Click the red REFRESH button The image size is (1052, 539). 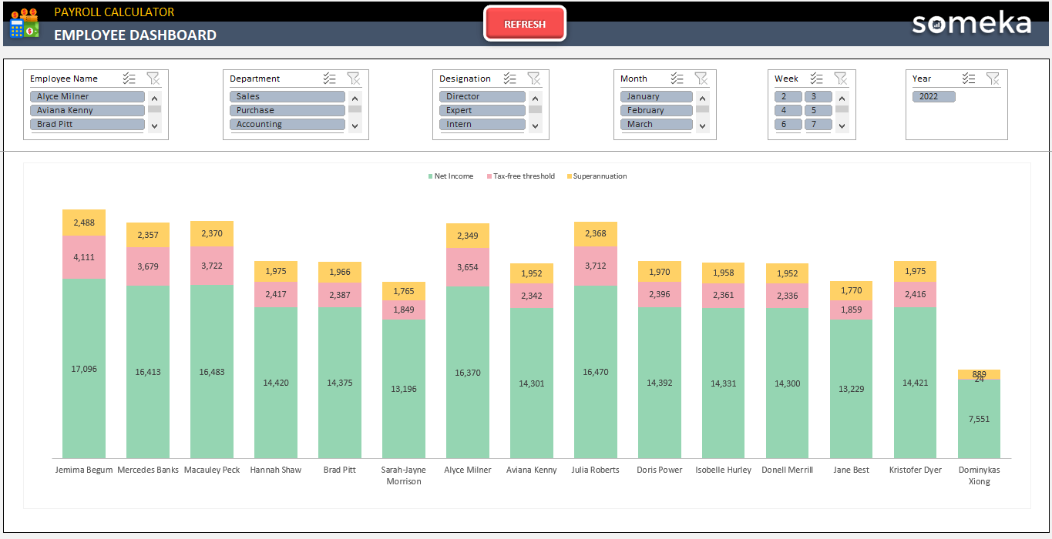[x=525, y=24]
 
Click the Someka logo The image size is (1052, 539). [x=971, y=23]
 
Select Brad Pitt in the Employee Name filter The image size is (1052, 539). [x=87, y=124]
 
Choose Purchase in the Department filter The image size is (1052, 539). [x=287, y=110]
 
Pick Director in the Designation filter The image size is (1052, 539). [x=482, y=96]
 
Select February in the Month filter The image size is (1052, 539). [x=656, y=110]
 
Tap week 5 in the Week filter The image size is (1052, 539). [x=818, y=110]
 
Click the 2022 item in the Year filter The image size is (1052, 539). [x=933, y=96]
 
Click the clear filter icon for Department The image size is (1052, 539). [x=353, y=78]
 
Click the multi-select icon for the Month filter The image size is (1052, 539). [x=677, y=78]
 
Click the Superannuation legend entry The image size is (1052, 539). [x=599, y=176]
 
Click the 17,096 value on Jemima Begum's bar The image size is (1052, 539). [x=84, y=369]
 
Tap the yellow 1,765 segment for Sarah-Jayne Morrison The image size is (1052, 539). [x=403, y=291]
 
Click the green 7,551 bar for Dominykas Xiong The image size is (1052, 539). [x=979, y=419]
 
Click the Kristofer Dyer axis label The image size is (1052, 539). [x=915, y=470]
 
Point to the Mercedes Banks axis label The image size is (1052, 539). [x=148, y=470]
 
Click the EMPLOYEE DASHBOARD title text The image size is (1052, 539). [x=135, y=35]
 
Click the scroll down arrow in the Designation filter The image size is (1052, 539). [x=535, y=125]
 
